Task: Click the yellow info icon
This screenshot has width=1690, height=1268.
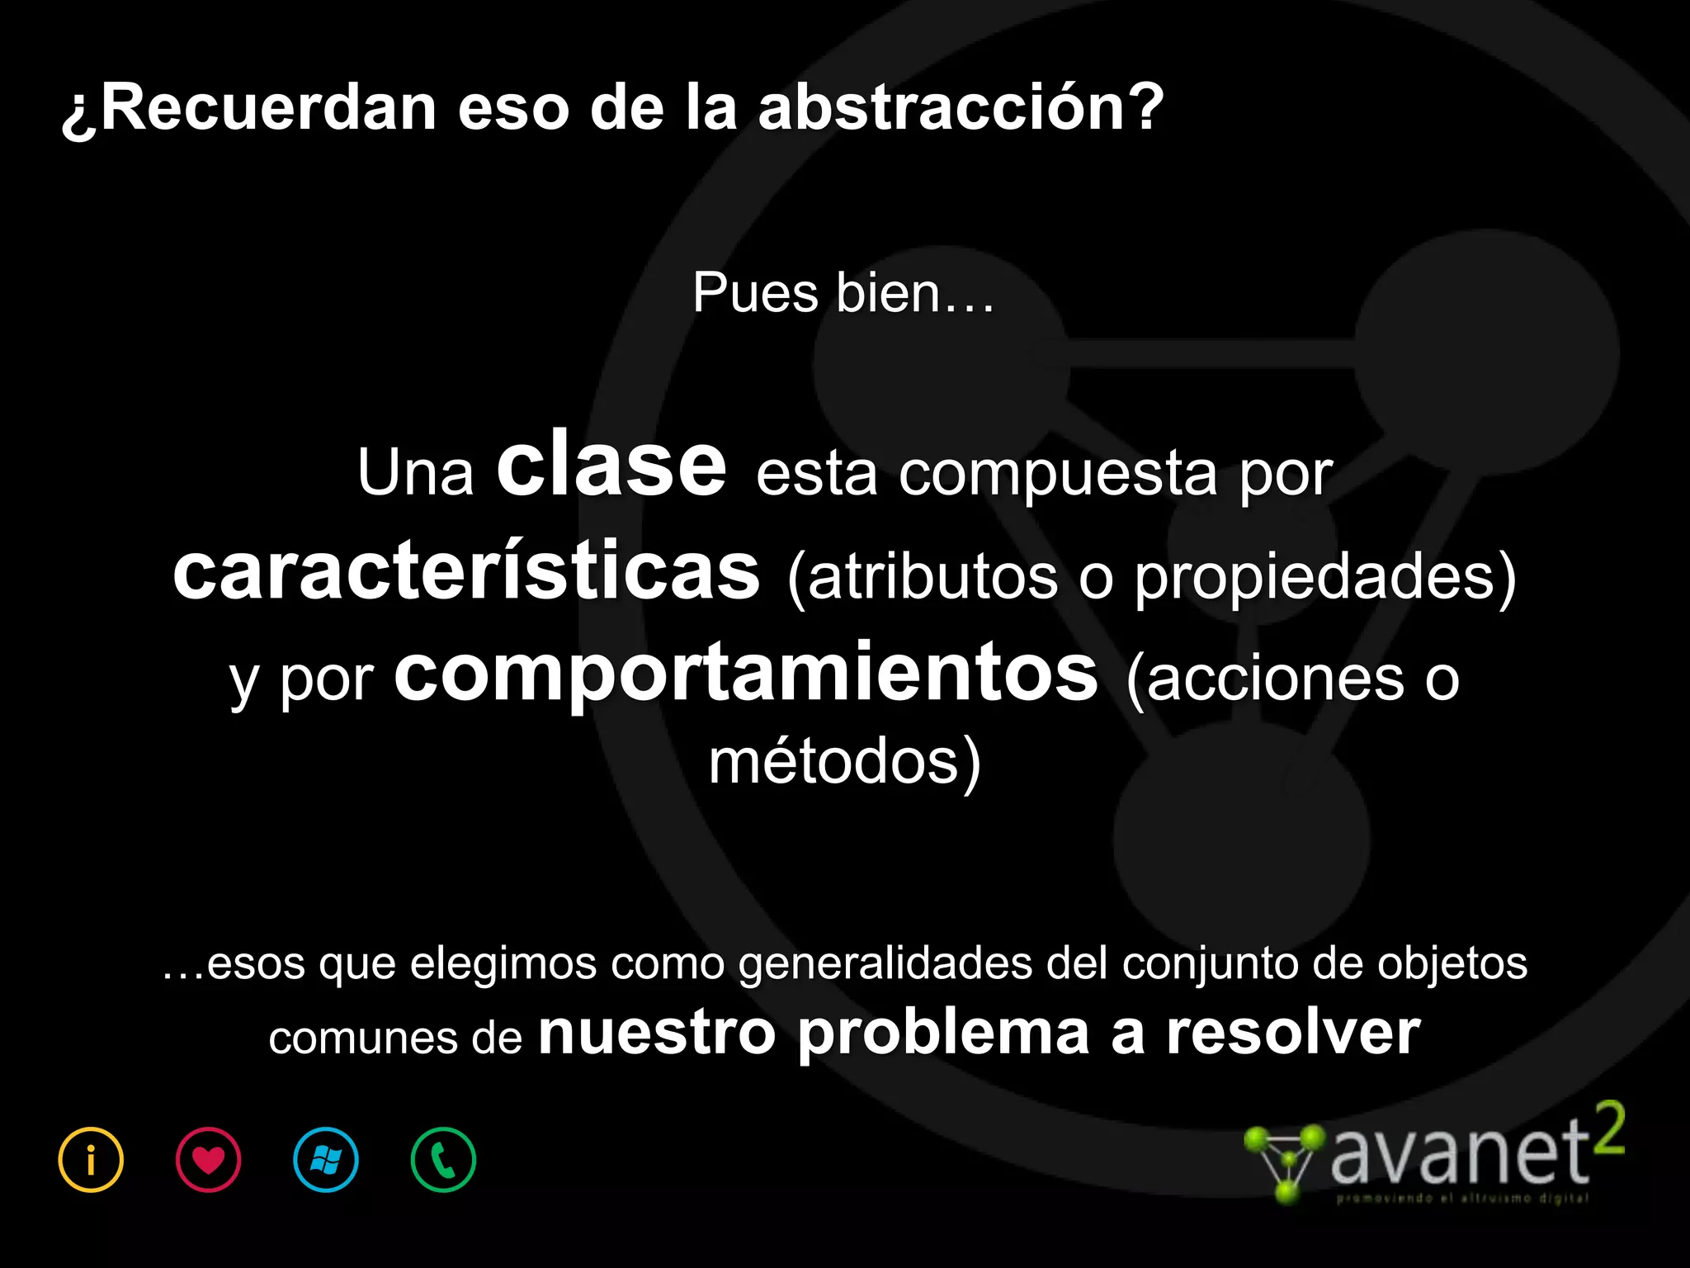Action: pyautogui.click(x=91, y=1160)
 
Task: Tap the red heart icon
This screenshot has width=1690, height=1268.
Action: pyautogui.click(x=208, y=1160)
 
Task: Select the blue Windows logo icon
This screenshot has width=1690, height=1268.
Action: pyautogui.click(x=326, y=1160)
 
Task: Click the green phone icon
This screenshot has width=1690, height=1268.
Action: pyautogui.click(x=443, y=1160)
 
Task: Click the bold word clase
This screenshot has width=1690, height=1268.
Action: pyautogui.click(x=611, y=466)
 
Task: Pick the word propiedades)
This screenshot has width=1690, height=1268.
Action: pyautogui.click(x=1325, y=577)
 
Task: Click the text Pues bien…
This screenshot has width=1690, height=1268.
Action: pyautogui.click(x=843, y=293)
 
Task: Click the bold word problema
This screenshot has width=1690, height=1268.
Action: pyautogui.click(x=944, y=1034)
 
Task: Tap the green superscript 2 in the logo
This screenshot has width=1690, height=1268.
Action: pyautogui.click(x=1608, y=1130)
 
